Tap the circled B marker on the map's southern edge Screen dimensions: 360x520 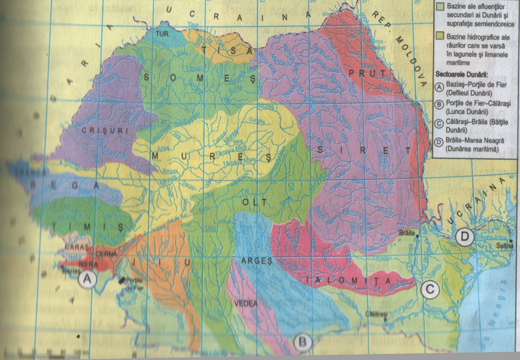[303, 342]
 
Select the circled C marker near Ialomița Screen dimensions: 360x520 [430, 289]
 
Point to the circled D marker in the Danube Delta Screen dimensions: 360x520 [464, 236]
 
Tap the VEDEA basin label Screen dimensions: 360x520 [246, 303]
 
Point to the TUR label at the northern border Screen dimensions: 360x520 [161, 34]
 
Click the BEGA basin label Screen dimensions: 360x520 [61, 186]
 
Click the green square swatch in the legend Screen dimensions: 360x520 [440, 6]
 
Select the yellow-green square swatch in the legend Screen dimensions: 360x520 [440, 36]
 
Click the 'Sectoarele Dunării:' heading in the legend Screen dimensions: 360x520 [461, 75]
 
